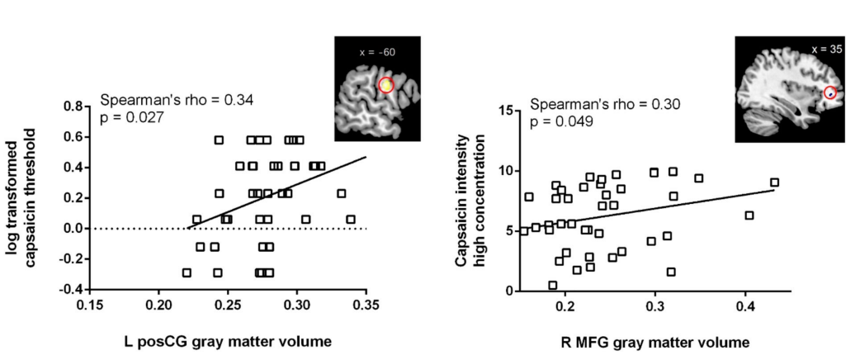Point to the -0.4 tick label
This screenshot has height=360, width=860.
[x=69, y=289]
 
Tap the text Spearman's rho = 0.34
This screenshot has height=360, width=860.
[x=177, y=101]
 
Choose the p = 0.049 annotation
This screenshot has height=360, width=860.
[x=561, y=122]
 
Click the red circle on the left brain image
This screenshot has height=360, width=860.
[x=387, y=84]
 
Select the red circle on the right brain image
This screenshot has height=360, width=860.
[x=830, y=93]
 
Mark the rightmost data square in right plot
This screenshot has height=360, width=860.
[x=774, y=182]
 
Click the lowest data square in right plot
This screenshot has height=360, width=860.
[x=553, y=285]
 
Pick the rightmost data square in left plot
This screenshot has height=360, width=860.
[x=351, y=219]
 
